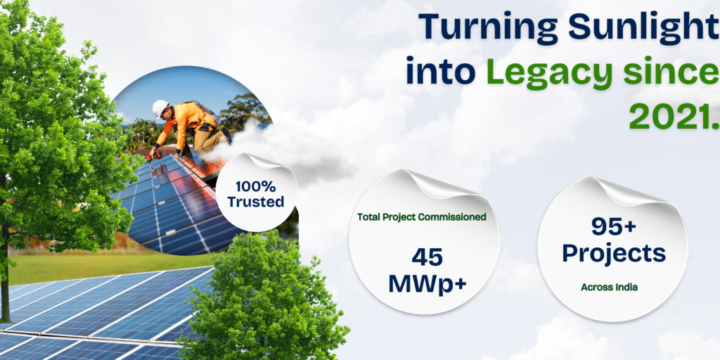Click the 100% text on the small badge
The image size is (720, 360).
pos(256,186)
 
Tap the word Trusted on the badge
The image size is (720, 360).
pos(256,202)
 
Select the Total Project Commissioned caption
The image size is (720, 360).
pos(422,217)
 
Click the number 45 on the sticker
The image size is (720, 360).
pos(427,257)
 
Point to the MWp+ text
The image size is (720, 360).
pos(427,284)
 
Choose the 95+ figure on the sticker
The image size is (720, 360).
pos(613,226)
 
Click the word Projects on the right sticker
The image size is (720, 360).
pos(613,253)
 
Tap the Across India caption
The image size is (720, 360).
pos(609,288)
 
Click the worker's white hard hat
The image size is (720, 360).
pos(160,108)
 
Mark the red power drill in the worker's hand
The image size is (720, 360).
pos(153,157)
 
